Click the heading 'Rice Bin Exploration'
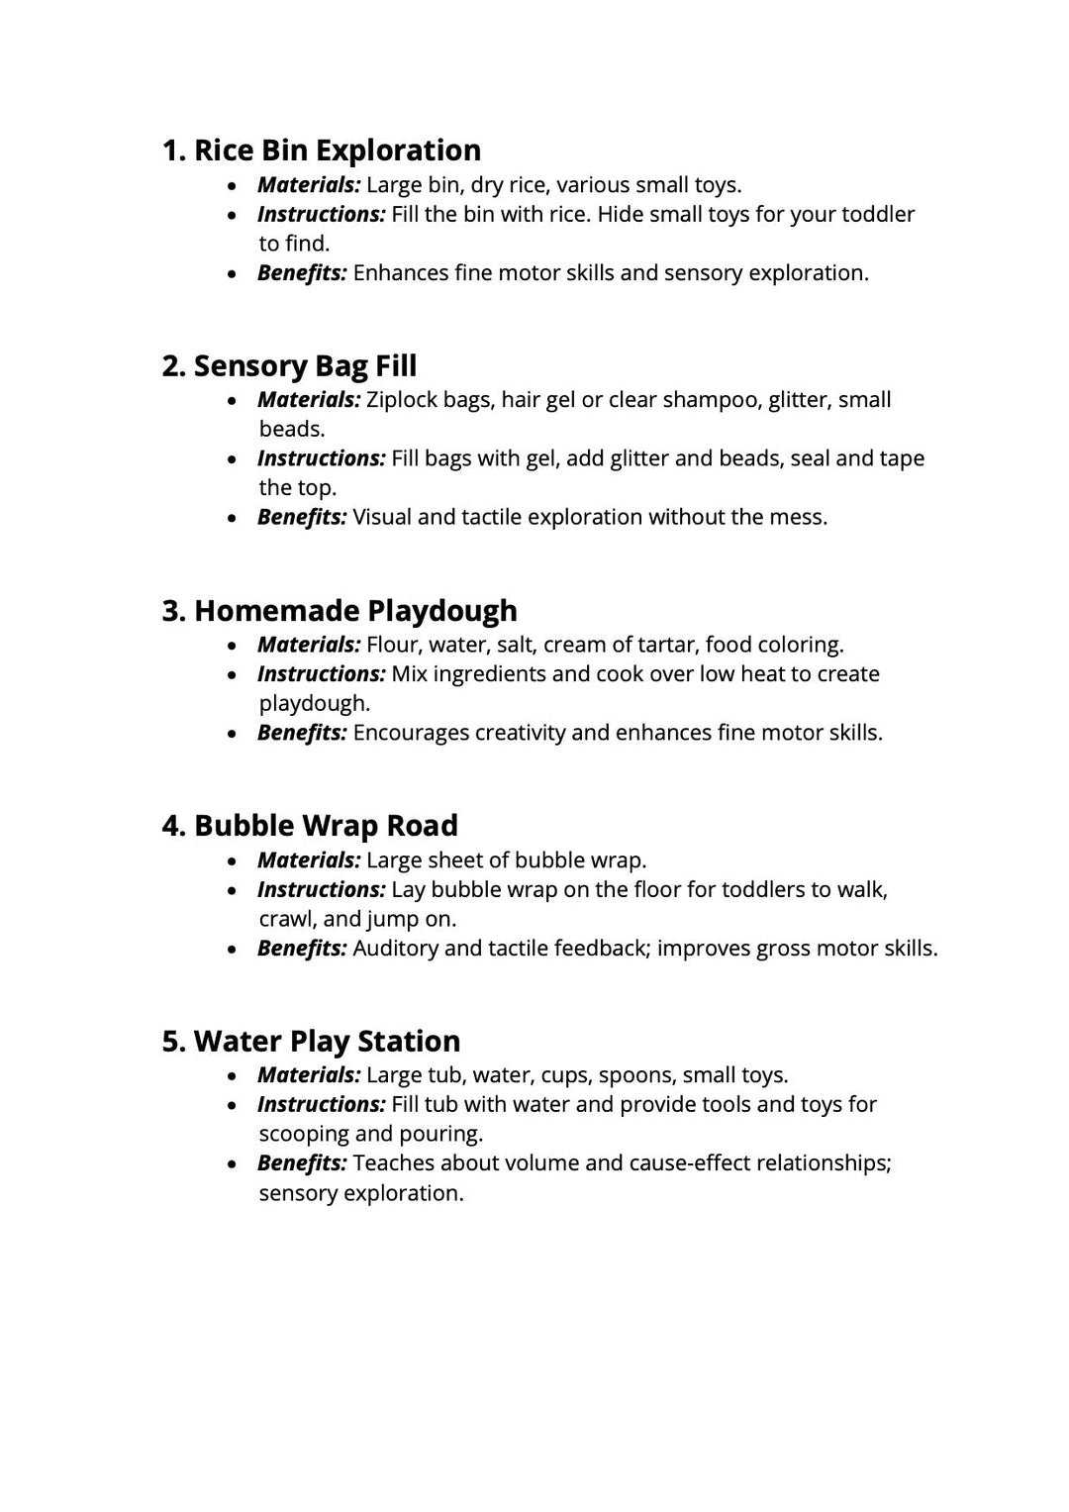[x=322, y=151]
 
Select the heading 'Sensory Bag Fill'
[x=289, y=366]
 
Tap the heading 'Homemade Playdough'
[x=340, y=611]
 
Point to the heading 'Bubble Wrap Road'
[x=310, y=826]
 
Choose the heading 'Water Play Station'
[x=311, y=1042]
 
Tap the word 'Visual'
[x=382, y=517]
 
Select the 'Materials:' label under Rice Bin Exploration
[x=309, y=185]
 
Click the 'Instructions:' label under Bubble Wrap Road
[x=321, y=890]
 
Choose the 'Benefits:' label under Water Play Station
[x=302, y=1163]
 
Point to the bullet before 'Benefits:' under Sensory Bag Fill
[x=233, y=518]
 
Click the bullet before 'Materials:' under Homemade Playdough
[x=233, y=646]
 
